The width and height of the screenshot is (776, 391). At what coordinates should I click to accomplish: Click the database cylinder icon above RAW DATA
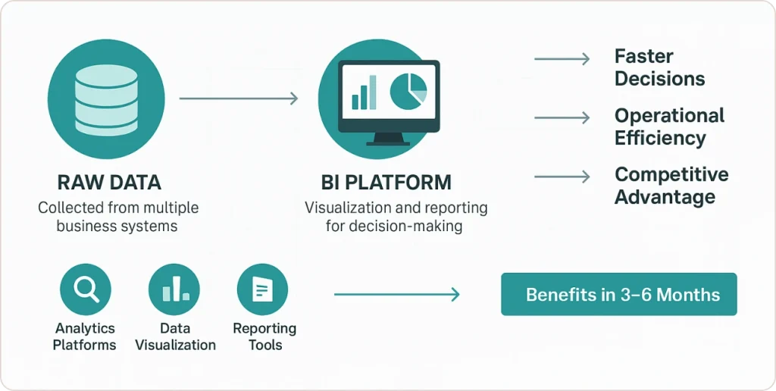click(x=106, y=99)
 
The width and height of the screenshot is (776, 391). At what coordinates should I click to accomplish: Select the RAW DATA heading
click(x=109, y=183)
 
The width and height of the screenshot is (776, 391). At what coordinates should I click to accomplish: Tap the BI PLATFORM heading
click(x=386, y=183)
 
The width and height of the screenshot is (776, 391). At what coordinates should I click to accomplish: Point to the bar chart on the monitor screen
click(x=364, y=95)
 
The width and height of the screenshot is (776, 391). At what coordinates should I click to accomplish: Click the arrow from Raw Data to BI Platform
click(x=239, y=99)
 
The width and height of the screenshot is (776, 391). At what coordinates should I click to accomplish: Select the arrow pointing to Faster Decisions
click(x=562, y=59)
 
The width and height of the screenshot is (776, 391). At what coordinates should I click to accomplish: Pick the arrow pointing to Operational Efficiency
click(x=562, y=117)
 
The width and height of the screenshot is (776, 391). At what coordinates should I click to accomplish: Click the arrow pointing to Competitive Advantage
click(x=562, y=177)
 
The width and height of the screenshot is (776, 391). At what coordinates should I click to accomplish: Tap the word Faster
click(x=643, y=57)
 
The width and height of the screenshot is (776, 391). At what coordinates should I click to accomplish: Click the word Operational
click(x=669, y=116)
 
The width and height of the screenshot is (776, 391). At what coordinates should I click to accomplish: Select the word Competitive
click(x=671, y=175)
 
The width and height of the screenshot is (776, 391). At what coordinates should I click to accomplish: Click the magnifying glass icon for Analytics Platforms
click(x=85, y=289)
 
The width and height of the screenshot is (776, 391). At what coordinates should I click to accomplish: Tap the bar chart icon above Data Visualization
click(x=174, y=289)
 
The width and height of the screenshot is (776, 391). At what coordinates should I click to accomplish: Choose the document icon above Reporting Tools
click(x=262, y=289)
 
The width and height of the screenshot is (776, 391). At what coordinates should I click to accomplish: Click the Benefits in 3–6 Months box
click(x=618, y=294)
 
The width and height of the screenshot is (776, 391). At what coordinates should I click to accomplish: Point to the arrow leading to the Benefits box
click(x=396, y=295)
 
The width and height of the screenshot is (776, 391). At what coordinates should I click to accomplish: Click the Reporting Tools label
click(x=264, y=336)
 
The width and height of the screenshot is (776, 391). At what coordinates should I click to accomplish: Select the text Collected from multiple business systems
click(x=118, y=216)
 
